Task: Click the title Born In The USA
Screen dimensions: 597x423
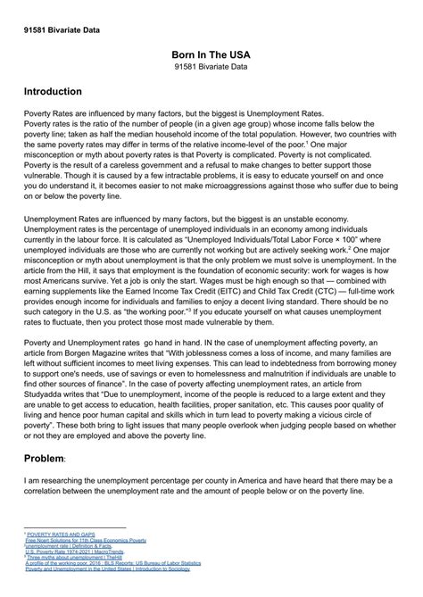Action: pos(211,54)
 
